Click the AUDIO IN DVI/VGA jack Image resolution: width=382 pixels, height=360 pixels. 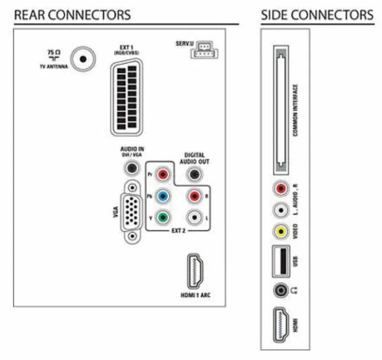pos(130,169)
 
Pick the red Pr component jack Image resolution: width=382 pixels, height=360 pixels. pos(163,173)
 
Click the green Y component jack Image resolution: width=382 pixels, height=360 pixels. pos(163,217)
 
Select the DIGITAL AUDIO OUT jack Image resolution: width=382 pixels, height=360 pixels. pos(197,174)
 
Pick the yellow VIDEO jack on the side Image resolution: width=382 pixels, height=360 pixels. pos(280,231)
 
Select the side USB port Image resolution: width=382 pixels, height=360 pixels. pos(280,261)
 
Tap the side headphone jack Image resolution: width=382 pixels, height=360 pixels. pos(280,291)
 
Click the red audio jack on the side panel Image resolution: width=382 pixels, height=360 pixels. pos(280,188)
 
